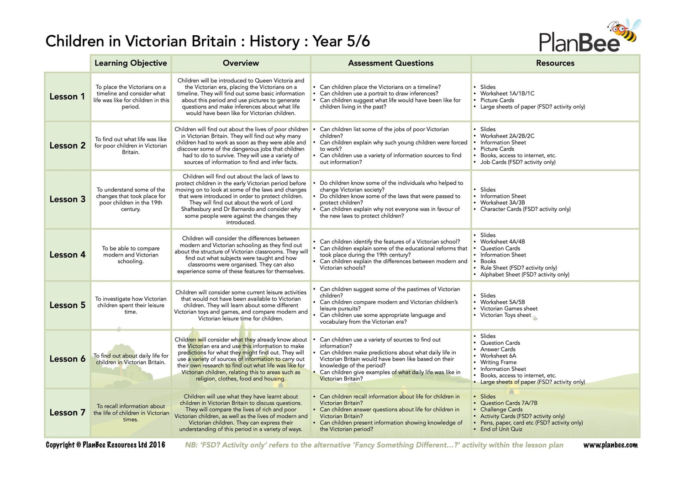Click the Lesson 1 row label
point(67,96)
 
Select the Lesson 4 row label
point(67,255)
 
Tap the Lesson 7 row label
point(67,412)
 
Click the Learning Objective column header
point(131,63)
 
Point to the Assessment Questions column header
point(390,63)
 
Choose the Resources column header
point(555,63)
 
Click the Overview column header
point(241,63)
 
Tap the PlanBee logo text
point(579,42)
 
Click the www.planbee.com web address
point(610,445)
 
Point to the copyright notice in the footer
point(105,445)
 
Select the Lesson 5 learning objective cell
point(131,305)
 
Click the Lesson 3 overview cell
point(241,199)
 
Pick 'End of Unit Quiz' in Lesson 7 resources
point(501,429)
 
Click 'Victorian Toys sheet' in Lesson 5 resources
point(506,315)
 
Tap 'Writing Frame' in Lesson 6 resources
point(498,362)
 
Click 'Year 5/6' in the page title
point(341,41)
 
